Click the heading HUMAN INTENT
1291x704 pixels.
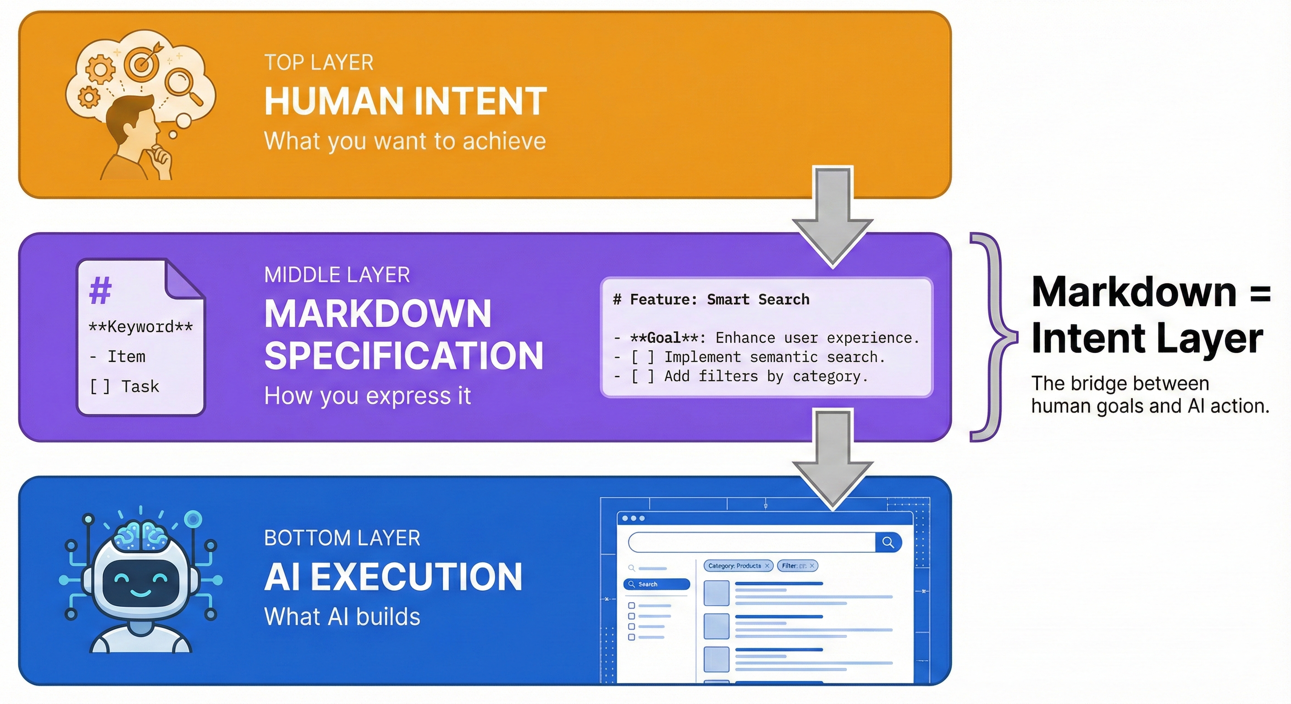click(405, 102)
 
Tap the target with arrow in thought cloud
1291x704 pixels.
click(142, 61)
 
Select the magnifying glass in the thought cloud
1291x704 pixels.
click(181, 84)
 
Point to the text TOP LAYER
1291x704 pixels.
click(319, 63)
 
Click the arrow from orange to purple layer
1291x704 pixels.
click(833, 215)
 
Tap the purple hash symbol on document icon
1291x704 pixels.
click(100, 290)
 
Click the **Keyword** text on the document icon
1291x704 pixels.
click(140, 327)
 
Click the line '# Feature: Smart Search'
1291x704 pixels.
click(711, 300)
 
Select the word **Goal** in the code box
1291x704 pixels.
click(667, 338)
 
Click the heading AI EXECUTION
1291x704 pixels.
click(393, 577)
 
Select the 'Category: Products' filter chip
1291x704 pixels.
click(738, 566)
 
